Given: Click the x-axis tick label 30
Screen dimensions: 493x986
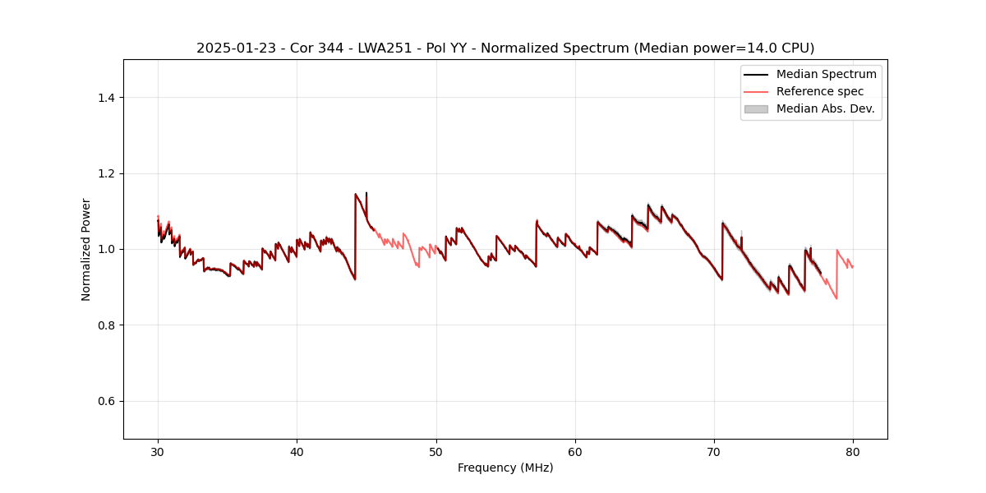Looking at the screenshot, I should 158,451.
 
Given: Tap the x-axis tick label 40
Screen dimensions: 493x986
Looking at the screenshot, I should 297,451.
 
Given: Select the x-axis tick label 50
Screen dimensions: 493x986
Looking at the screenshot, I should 435,451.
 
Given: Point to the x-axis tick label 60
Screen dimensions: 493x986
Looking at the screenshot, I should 575,451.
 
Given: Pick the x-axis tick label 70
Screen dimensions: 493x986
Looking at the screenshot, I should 714,451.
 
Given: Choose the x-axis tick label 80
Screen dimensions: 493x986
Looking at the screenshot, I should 853,451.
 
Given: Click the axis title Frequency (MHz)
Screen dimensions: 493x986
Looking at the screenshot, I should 505,468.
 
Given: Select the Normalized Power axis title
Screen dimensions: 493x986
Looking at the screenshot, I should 86,249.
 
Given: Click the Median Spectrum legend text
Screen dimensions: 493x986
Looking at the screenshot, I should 826,74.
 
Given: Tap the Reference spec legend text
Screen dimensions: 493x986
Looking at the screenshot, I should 820,91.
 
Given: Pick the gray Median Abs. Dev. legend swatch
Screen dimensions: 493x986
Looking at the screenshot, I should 756,108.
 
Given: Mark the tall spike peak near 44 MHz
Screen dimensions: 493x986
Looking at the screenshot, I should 355,194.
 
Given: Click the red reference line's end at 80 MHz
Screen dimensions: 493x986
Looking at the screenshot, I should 853,267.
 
